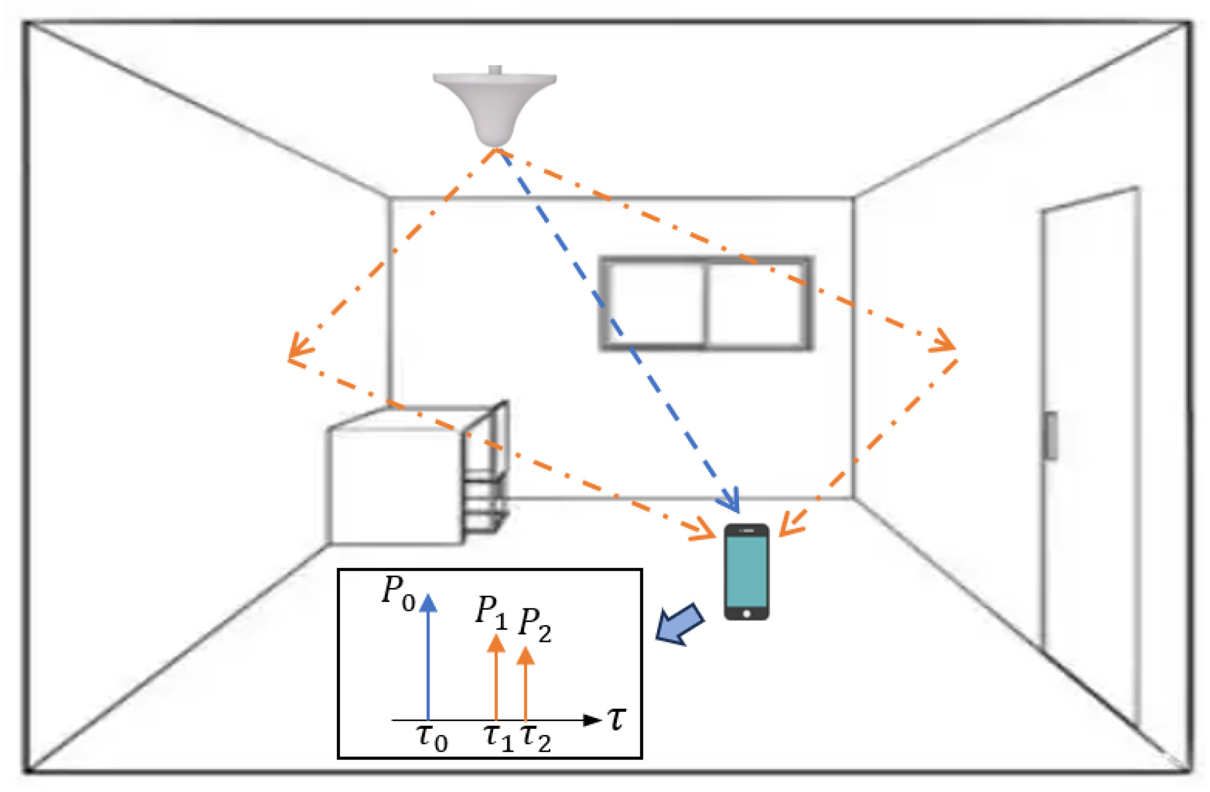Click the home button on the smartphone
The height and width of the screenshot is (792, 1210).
click(x=746, y=613)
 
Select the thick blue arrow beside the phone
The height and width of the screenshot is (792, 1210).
click(x=679, y=625)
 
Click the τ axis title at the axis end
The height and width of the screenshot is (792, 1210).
click(x=617, y=719)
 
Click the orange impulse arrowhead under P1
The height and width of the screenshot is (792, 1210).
click(x=496, y=644)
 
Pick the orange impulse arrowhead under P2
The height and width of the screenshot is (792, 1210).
click(x=525, y=656)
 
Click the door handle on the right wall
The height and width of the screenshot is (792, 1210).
click(x=1050, y=435)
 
